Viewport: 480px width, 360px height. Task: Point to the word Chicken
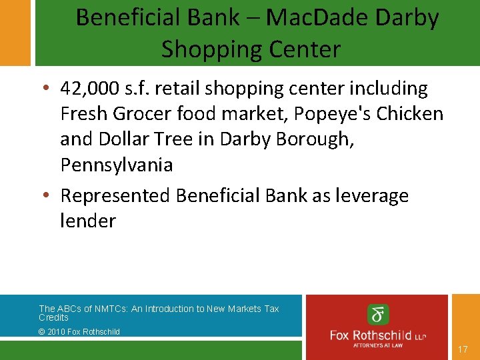409,114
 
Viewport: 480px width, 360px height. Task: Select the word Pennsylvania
116,165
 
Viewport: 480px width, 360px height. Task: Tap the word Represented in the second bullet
115,196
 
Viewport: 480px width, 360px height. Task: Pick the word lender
88,221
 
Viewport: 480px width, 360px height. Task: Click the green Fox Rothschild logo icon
378,314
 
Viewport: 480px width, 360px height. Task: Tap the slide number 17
463,349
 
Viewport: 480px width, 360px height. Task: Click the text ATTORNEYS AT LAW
378,345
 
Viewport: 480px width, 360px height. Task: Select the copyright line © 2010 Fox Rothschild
79,331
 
